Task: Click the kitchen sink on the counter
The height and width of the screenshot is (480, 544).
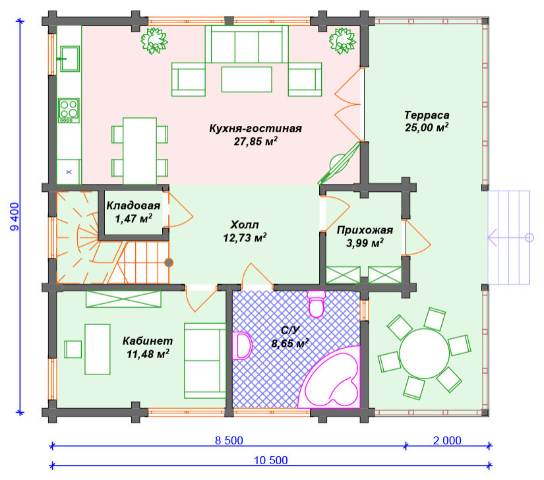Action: [x=70, y=59]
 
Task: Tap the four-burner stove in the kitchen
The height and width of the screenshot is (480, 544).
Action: [x=69, y=111]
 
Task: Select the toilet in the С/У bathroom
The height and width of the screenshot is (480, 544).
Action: [x=316, y=304]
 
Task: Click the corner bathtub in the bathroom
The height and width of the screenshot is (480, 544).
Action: [x=330, y=377]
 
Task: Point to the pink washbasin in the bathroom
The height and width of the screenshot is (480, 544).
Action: [x=242, y=345]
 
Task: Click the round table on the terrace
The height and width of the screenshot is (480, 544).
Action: [x=424, y=353]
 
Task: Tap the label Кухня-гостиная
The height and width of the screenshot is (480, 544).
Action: [x=255, y=129]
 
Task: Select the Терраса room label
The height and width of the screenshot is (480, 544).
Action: [x=427, y=115]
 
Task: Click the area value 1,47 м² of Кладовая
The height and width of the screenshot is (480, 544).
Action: [x=134, y=218]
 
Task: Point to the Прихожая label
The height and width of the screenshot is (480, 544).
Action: [x=365, y=230]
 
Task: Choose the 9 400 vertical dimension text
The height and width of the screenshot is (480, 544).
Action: [x=15, y=217]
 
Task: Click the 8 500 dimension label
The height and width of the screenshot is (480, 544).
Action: [x=229, y=440]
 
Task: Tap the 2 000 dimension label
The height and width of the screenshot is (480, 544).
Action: [x=447, y=440]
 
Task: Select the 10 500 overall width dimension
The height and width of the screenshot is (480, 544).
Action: [x=271, y=460]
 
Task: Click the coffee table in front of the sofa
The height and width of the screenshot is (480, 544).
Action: [x=247, y=79]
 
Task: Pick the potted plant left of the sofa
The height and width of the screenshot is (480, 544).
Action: [x=154, y=41]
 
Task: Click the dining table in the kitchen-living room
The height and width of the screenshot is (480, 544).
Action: [x=140, y=151]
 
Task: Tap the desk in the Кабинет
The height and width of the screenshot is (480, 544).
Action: [x=98, y=349]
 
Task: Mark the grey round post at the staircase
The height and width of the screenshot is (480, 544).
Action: [x=169, y=262]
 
